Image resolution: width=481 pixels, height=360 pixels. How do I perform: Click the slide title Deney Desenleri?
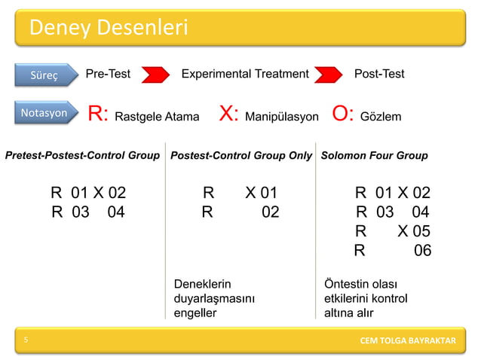(x=108, y=29)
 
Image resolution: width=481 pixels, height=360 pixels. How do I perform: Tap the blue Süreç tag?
(x=45, y=75)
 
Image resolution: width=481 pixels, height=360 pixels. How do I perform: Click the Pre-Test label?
(x=108, y=74)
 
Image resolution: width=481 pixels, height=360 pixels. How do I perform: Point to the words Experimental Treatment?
(x=245, y=74)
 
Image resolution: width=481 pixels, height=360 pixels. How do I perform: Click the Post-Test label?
(x=379, y=74)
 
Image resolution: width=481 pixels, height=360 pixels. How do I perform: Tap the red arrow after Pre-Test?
(x=155, y=75)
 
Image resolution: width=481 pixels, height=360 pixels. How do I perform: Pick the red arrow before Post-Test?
(x=329, y=75)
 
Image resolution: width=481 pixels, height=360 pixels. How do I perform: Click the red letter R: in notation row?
(x=99, y=114)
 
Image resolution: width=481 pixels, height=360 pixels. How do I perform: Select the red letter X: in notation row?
(x=229, y=114)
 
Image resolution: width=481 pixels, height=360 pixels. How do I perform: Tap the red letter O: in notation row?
(x=343, y=114)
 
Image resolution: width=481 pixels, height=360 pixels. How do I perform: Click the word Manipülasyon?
(x=282, y=117)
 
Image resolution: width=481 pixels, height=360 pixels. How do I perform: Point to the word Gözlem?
(x=381, y=117)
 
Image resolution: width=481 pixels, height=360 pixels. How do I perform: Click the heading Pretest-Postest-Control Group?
(x=82, y=156)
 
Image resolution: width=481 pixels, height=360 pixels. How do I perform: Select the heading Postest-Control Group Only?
(x=241, y=156)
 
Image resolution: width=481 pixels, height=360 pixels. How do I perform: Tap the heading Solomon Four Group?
(x=374, y=156)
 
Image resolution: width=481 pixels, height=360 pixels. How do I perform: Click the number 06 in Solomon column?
(x=422, y=251)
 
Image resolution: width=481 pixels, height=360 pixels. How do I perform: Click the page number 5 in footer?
(x=26, y=340)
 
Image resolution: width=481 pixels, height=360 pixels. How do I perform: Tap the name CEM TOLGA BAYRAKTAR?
(x=407, y=341)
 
